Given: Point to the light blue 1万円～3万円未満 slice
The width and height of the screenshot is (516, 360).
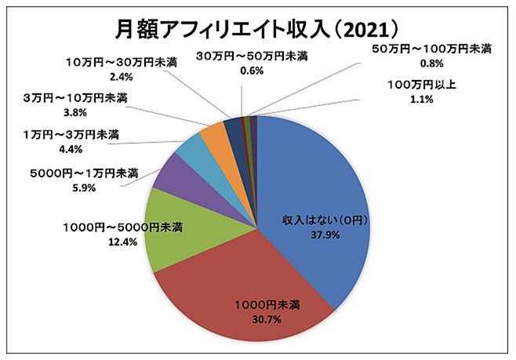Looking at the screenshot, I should point(192,150).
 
